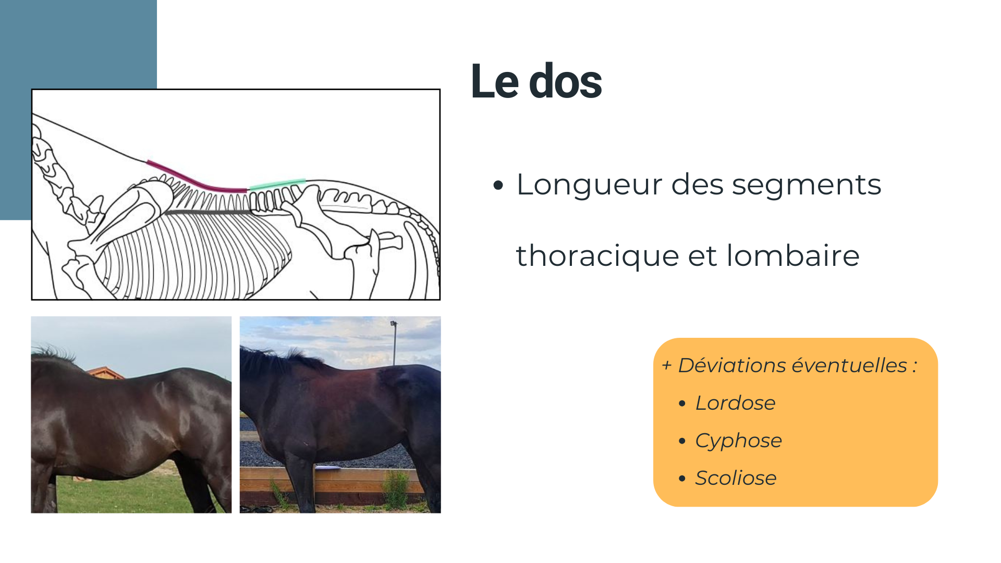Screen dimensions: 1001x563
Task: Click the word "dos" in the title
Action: [x=566, y=81]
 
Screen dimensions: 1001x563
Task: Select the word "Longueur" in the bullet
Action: [x=589, y=185]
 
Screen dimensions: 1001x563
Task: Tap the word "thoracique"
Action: [x=597, y=255]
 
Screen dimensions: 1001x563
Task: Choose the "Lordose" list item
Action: [x=735, y=403]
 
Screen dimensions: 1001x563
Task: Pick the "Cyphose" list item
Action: [x=738, y=441]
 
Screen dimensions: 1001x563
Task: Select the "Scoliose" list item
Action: [x=736, y=478]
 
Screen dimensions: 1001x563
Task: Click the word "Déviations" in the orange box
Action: [x=733, y=365]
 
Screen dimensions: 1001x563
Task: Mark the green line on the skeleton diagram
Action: [x=277, y=184]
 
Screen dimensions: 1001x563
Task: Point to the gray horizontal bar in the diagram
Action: [x=207, y=212]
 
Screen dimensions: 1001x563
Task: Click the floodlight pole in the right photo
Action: [x=394, y=343]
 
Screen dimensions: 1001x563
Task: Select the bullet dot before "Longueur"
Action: [x=498, y=185]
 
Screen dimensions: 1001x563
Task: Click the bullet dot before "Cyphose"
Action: [x=682, y=441]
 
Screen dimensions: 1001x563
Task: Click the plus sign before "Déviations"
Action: [x=666, y=365]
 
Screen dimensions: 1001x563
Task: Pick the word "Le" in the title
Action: [x=495, y=81]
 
